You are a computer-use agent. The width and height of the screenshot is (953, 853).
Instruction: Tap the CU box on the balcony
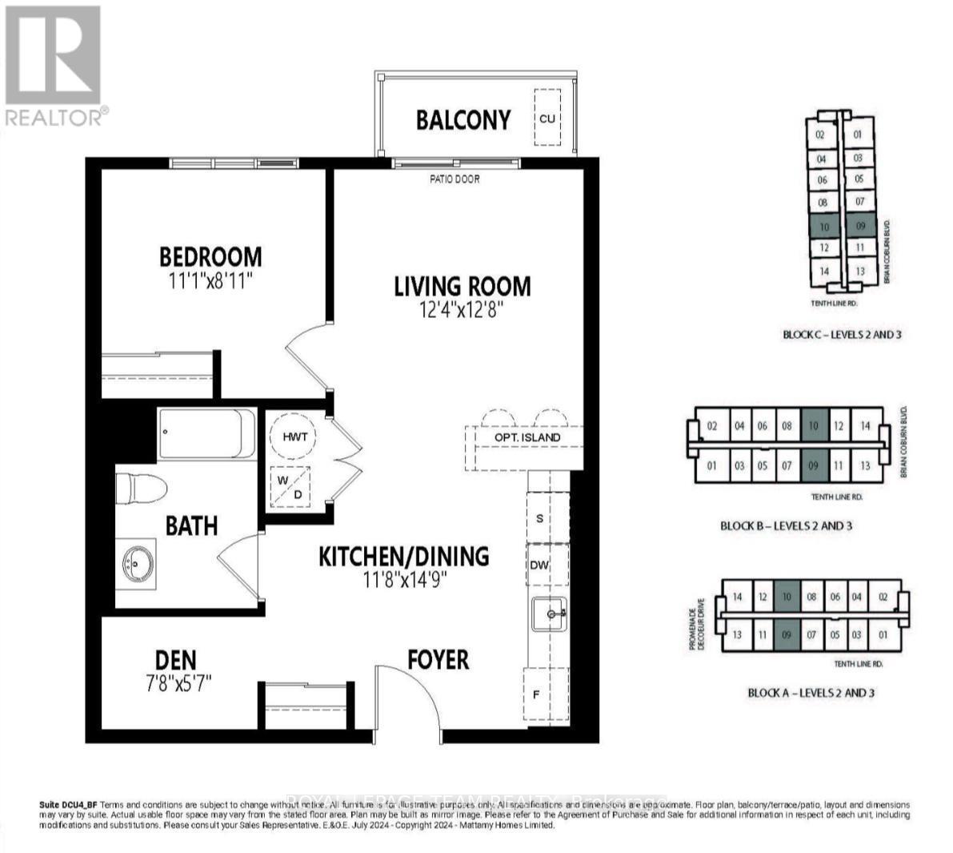(x=547, y=118)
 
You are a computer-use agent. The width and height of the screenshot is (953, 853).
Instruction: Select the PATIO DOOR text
(x=454, y=179)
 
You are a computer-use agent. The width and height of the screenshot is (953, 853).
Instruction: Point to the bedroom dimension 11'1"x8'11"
(x=210, y=280)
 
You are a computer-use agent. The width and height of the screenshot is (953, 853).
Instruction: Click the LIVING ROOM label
(x=462, y=286)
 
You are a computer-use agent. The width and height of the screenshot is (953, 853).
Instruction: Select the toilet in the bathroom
(x=141, y=487)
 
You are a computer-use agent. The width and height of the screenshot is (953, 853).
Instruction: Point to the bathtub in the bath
(x=207, y=433)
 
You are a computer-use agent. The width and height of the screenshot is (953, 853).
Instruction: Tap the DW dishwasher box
(x=540, y=565)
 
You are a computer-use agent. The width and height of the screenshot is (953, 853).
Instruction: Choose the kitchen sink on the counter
(x=550, y=614)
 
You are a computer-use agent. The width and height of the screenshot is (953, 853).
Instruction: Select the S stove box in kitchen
(x=540, y=518)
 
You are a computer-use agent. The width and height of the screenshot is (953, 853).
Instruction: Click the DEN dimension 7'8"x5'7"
(x=175, y=683)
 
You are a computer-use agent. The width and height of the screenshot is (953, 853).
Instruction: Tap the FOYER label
(x=438, y=659)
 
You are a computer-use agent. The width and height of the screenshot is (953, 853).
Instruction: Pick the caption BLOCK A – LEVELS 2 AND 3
(x=811, y=692)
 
